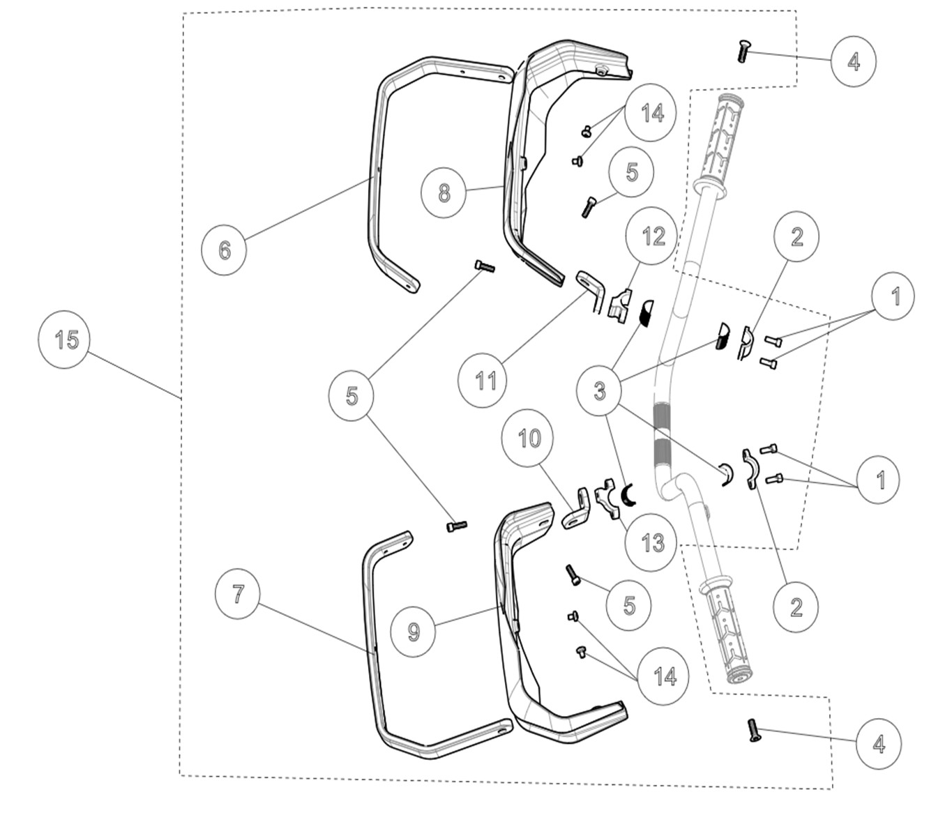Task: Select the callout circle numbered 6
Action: (224, 249)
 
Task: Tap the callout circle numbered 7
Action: (238, 594)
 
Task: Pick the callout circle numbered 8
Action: (444, 192)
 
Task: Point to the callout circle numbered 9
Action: (414, 631)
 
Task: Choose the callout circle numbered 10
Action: (529, 439)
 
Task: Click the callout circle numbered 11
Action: (486, 380)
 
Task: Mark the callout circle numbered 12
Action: (653, 237)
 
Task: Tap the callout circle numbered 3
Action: (600, 391)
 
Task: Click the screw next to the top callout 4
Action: (742, 52)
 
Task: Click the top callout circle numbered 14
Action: (652, 113)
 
